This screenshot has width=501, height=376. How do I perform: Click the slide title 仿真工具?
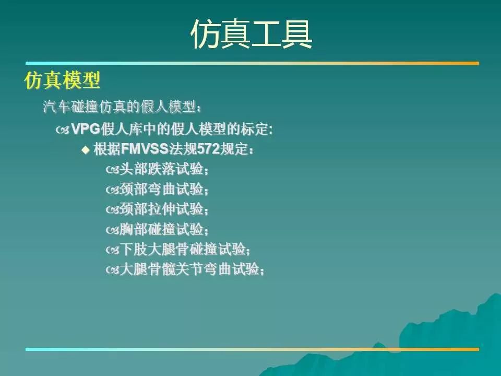[251, 34]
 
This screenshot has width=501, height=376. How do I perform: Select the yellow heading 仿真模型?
[62, 80]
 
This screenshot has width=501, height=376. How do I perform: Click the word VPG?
[85, 129]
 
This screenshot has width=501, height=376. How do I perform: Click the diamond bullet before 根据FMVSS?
[85, 150]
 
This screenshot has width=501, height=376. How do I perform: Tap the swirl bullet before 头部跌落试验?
[113, 170]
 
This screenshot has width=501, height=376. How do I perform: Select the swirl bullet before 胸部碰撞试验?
[113, 230]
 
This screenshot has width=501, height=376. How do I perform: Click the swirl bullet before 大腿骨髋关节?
[113, 270]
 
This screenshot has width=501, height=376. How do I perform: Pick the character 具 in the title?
[297, 34]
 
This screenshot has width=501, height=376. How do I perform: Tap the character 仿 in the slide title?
[206, 34]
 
